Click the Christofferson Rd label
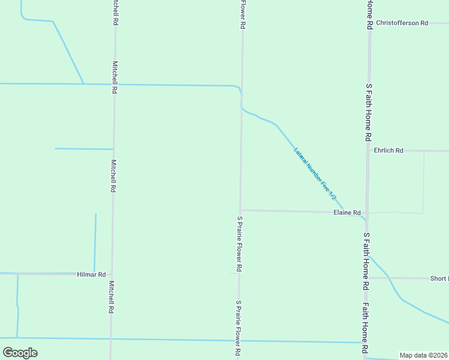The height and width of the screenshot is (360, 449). tap(402, 23)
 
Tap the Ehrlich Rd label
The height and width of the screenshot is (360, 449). tap(388, 151)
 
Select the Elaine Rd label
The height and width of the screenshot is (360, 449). tap(347, 213)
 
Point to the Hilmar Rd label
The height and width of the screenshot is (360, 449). tap(91, 274)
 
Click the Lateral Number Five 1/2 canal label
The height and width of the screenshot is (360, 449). tap(315, 174)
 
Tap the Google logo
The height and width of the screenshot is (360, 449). tap(20, 352)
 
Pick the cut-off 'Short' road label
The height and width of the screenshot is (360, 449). tap(439, 278)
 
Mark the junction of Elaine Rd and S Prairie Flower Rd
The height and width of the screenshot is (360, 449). tap(241, 210)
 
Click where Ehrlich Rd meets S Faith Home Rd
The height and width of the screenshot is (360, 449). tap(369, 151)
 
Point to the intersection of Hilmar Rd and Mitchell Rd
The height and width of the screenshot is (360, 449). tap(111, 274)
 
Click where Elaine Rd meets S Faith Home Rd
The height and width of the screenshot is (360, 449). tap(367, 212)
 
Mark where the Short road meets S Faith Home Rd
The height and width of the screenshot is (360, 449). tap(367, 278)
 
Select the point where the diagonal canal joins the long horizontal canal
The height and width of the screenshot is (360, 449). tap(83, 84)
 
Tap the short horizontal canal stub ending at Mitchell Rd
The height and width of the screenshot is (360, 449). tap(84, 149)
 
